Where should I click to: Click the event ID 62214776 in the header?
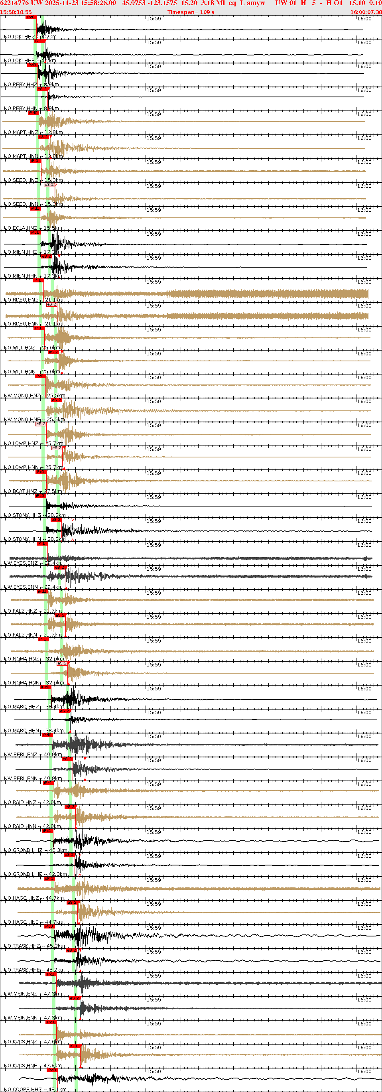click(14, 3)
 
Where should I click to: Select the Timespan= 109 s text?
click(190, 12)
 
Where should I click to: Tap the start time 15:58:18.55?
click(16, 12)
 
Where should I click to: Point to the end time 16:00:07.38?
click(366, 12)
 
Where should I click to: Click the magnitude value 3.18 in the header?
click(208, 3)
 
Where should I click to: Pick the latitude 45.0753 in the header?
click(134, 3)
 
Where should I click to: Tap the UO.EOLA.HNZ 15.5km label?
click(33, 228)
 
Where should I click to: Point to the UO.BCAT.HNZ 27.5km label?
click(33, 491)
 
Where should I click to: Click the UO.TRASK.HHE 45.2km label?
click(34, 970)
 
